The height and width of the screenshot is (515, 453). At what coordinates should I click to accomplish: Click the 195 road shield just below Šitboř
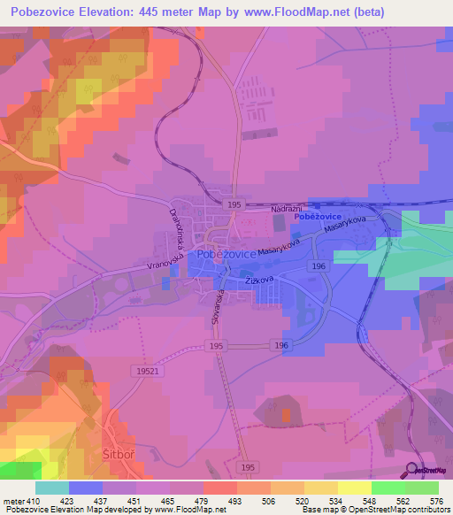[249, 466]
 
